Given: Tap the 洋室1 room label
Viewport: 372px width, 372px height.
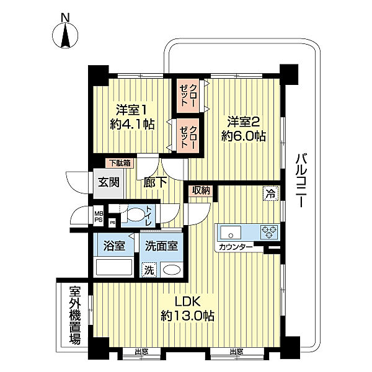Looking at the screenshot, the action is (131, 110).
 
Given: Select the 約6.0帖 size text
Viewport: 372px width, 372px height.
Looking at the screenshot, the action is (244, 136).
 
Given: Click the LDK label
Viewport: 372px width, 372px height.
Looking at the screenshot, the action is (188, 302).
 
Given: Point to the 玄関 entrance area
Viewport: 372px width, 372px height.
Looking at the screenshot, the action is (108, 184).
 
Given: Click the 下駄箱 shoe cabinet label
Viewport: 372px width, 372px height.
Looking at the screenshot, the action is (120, 163).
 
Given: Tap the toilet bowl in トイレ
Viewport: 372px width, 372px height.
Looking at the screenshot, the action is (135, 215).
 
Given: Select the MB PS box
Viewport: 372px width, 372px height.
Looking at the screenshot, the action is (99, 216).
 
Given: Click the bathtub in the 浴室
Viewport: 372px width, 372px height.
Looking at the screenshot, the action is (113, 267).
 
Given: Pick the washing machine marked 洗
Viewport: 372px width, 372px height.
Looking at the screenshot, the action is (149, 270).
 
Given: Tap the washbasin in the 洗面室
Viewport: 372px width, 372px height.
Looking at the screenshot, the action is (172, 270).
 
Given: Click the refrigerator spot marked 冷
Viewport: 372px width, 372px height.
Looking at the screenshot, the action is (271, 193).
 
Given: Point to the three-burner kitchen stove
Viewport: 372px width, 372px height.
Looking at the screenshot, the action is (269, 232).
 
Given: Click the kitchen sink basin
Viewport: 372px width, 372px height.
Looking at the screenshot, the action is (231, 232).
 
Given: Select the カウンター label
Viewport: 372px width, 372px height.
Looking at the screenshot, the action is (236, 247).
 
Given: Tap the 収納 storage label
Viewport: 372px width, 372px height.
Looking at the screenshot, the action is (201, 190).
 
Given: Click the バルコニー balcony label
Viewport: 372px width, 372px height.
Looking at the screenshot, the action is (301, 181).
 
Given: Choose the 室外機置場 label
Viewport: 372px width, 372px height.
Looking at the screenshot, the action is (75, 316).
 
